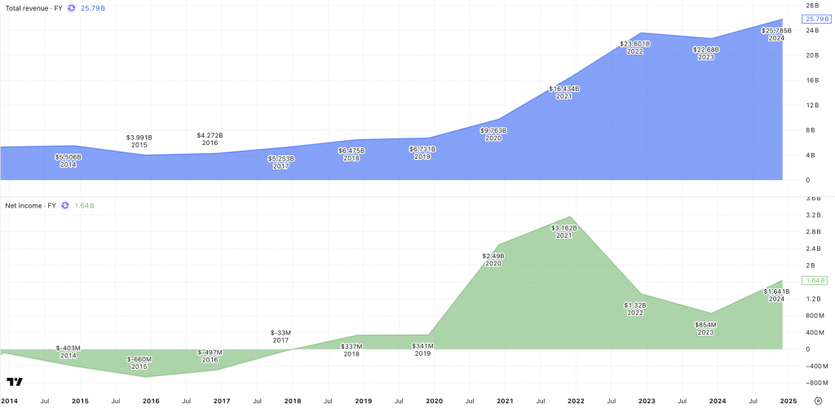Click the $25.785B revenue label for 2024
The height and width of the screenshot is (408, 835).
click(x=775, y=31)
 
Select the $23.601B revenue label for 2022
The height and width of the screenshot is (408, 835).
click(x=635, y=44)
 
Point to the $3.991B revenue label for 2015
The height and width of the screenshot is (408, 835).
click(x=139, y=137)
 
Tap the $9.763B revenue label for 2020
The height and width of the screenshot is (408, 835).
click(x=493, y=129)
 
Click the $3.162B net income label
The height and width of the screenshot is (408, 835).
click(x=564, y=228)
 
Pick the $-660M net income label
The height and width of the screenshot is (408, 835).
click(x=139, y=359)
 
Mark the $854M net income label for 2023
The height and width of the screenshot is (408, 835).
click(x=706, y=324)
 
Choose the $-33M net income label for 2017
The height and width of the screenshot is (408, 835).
click(x=281, y=332)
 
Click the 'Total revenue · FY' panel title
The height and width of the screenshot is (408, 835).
click(x=34, y=7)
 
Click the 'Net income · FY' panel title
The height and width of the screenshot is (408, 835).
click(x=31, y=205)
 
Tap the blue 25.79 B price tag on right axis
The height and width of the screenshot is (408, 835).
click(x=815, y=19)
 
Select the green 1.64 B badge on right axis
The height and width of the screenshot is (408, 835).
click(x=815, y=280)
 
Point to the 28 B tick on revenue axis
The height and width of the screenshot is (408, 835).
click(x=812, y=6)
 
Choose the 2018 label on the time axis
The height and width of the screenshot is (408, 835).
click(x=292, y=401)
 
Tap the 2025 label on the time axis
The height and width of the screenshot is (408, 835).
click(x=788, y=401)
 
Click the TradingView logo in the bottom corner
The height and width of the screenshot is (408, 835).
click(x=14, y=381)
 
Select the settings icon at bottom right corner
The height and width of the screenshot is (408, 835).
click(x=818, y=401)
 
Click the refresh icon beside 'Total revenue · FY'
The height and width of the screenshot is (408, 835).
click(x=71, y=7)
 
